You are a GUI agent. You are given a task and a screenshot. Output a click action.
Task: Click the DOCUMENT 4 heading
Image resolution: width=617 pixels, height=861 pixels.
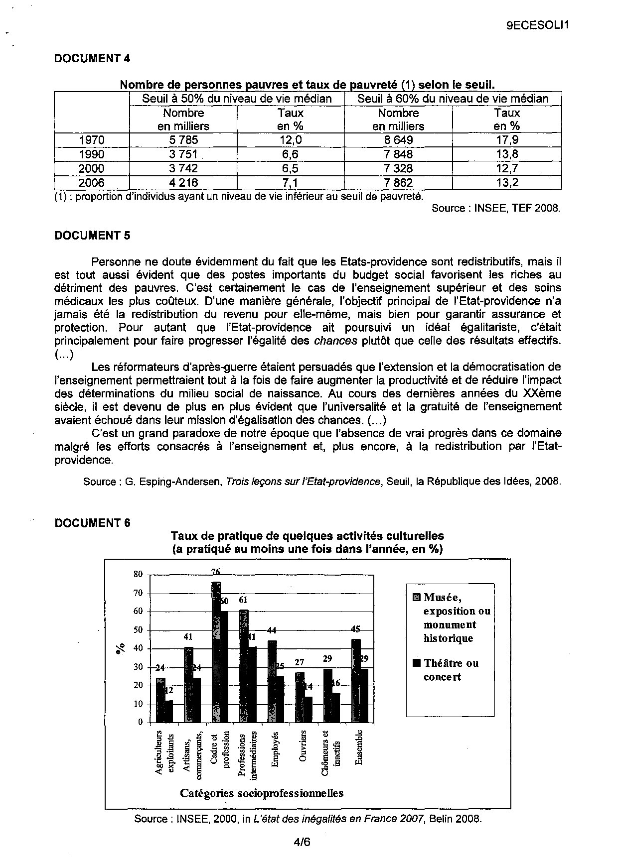pos(92,58)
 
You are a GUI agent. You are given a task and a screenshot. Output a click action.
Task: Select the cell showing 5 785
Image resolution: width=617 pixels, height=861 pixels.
pos(183,140)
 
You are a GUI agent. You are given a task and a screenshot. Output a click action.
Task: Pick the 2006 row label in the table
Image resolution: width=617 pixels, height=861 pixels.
pos(92,183)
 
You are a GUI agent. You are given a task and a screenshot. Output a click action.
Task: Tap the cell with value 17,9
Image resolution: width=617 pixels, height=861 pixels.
pos(507,140)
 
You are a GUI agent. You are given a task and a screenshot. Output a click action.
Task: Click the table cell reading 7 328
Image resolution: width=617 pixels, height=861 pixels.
pos(398,168)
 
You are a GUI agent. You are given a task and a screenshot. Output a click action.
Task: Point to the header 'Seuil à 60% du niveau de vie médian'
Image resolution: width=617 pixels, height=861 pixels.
pos(453,99)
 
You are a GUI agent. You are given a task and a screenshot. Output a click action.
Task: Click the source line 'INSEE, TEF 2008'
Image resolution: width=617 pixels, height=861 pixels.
pos(496,208)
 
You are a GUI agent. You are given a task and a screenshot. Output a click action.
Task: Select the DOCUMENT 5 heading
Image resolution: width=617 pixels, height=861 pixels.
pos(92,236)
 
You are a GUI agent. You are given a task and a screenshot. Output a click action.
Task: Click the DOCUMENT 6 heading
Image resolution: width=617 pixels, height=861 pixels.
pos(92,523)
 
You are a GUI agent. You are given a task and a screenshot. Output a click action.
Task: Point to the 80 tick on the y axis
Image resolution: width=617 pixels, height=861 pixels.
pos(138,574)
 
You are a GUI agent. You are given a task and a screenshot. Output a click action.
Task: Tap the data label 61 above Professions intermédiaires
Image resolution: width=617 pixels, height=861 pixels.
pos(243,600)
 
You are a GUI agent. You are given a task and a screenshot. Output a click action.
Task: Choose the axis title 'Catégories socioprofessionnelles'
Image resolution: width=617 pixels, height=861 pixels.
pos(262,793)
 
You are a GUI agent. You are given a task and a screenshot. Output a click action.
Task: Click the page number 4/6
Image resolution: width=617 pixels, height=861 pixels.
pos(302,842)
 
